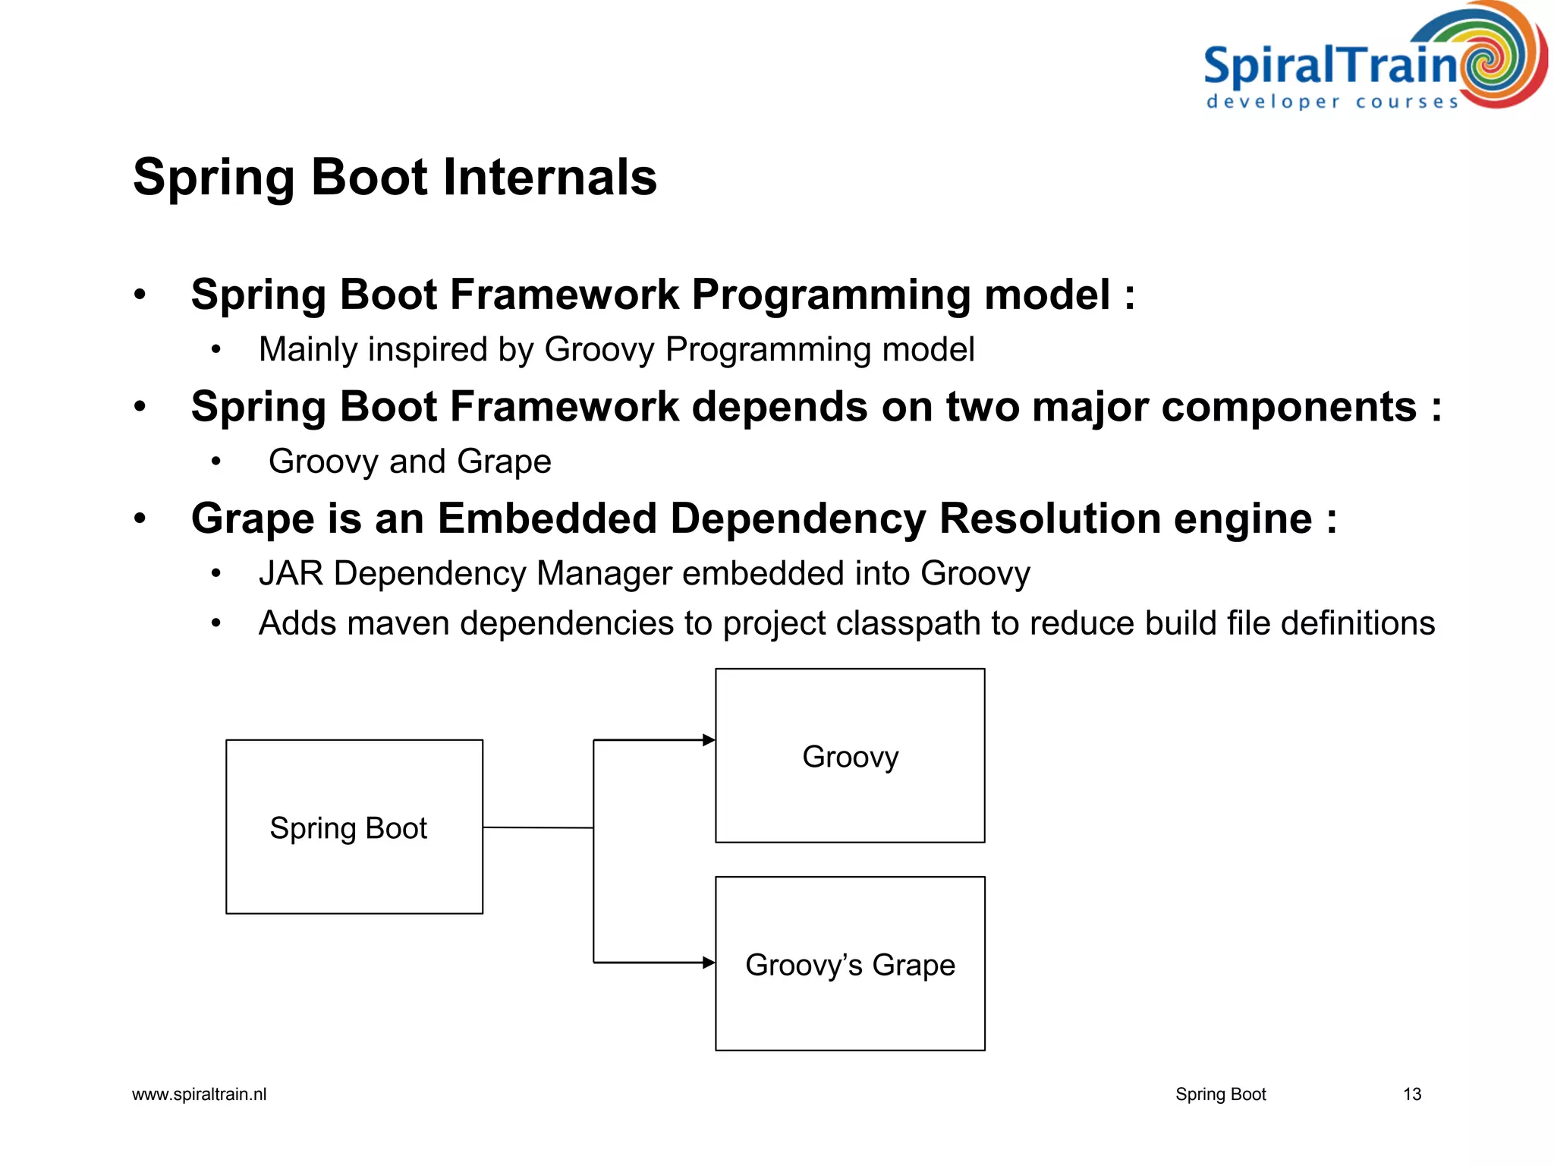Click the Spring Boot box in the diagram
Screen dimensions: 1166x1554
[x=354, y=827]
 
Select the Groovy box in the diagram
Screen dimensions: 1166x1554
[x=850, y=755]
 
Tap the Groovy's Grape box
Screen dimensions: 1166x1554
[x=850, y=963]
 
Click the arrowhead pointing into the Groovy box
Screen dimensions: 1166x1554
[x=709, y=740]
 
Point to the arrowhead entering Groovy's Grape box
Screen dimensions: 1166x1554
[x=709, y=963]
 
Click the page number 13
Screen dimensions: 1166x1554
[x=1411, y=1094]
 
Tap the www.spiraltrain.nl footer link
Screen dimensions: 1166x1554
[x=199, y=1094]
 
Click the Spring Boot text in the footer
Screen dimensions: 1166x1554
[x=1220, y=1094]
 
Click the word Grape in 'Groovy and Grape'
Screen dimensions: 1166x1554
[x=504, y=462]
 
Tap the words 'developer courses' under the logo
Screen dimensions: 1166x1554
[x=1332, y=102]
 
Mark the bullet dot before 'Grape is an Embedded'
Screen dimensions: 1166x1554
[x=140, y=519]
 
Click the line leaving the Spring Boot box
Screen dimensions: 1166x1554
[x=537, y=827]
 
